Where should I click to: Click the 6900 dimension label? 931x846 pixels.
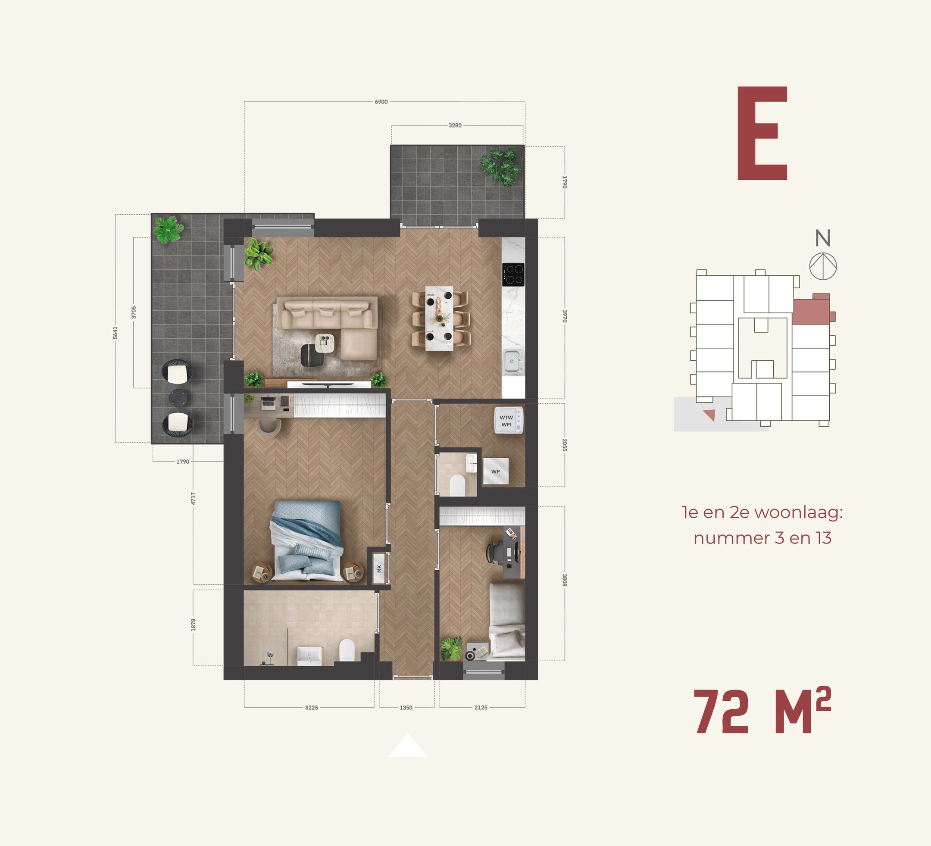381,102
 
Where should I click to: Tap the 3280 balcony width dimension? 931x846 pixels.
455,125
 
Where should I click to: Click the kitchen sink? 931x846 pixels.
512,361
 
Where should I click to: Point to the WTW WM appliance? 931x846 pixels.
508,420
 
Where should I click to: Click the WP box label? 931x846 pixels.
496,471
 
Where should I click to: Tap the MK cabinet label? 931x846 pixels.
380,568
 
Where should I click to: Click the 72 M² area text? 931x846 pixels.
762,712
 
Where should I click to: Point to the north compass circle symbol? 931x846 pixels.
823,266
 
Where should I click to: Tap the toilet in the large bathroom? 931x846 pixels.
347,650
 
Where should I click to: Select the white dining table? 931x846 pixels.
439,318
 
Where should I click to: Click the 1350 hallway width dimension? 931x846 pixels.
406,708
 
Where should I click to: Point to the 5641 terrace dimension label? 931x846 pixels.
116,332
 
